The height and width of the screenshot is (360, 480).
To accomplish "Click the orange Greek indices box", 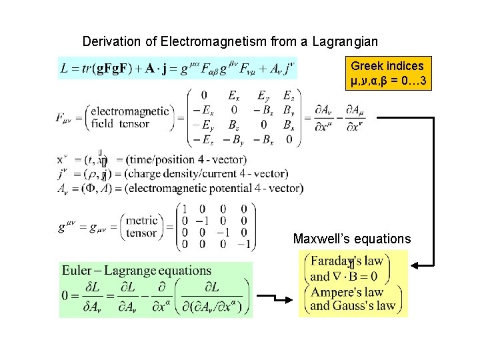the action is (387, 73).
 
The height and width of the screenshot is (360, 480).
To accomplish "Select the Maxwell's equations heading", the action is (352, 238).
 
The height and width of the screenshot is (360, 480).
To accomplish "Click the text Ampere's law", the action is (347, 292).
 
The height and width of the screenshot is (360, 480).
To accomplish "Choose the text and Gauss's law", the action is (353, 306).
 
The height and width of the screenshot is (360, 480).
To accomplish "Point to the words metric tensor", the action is (141, 227).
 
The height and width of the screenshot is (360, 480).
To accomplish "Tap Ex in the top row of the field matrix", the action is (234, 95).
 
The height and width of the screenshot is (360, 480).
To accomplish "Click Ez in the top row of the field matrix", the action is (287, 95).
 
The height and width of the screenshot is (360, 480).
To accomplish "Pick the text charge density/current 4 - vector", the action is (209, 173).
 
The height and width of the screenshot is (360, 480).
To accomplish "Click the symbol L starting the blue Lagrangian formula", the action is (64, 68).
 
